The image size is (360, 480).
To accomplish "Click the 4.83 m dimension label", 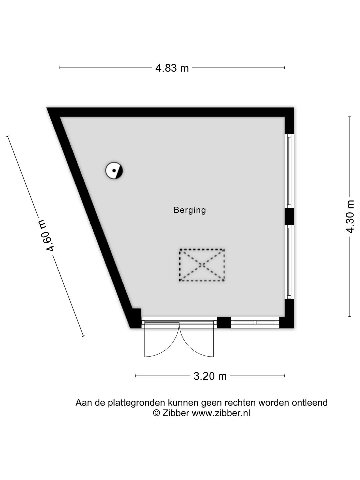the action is coord(172,68).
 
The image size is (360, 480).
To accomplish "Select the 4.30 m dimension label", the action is coord(350,217).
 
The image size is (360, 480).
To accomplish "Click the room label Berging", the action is coord(190,210).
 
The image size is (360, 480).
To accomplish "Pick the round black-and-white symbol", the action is coord(114,171).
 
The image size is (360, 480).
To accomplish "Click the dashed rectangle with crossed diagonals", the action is coord(202,265).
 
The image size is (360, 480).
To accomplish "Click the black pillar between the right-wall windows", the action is coord(289,216).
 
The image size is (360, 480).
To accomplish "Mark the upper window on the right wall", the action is coord(289,171).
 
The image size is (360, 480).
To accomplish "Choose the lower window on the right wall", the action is coord(289,262).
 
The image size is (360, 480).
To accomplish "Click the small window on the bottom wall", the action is coord(255,322).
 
